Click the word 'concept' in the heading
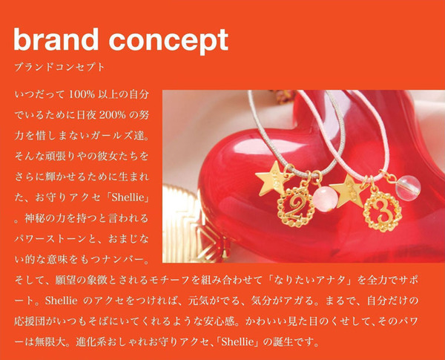point(168,42)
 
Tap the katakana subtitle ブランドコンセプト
point(59,68)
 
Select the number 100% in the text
point(82,94)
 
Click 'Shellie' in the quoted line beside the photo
point(128,197)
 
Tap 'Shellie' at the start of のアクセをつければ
point(61,301)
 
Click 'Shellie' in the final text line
point(237,341)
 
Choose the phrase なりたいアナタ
point(309,280)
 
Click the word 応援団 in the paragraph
point(29,321)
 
